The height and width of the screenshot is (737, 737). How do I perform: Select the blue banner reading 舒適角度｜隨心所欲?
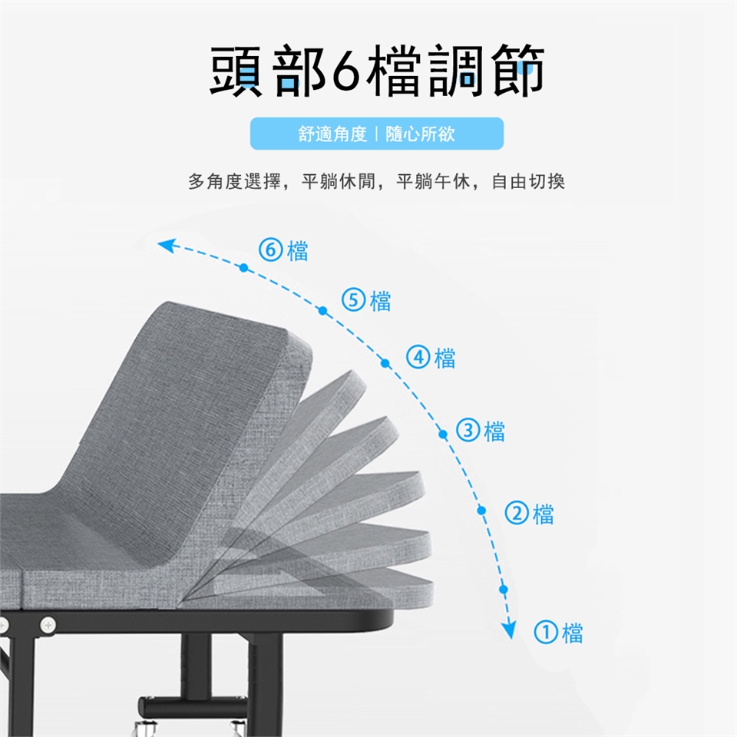click(x=376, y=134)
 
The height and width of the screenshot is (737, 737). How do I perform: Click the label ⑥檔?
click(x=284, y=250)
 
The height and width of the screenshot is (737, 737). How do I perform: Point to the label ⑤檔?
click(x=366, y=300)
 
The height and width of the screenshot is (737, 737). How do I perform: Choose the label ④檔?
click(x=431, y=358)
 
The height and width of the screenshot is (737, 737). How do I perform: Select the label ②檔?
click(x=530, y=513)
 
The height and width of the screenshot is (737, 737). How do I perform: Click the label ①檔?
click(x=558, y=633)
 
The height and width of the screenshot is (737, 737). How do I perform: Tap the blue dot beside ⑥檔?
click(x=243, y=268)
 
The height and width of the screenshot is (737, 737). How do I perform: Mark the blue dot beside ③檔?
click(x=443, y=435)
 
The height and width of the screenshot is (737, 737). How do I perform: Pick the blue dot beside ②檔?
click(x=482, y=510)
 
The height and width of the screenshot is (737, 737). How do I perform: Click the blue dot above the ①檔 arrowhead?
click(x=504, y=590)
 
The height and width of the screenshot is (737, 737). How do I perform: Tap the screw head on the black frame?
click(x=48, y=626)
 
